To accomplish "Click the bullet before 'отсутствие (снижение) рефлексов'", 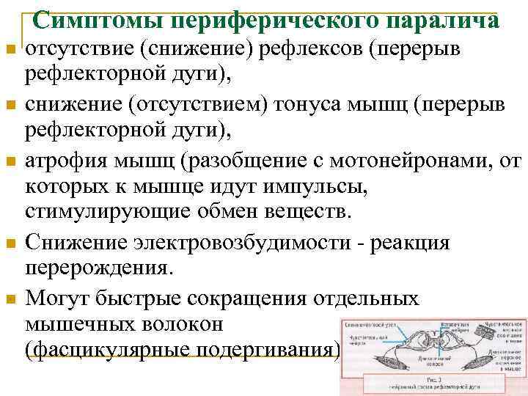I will coord(9,50).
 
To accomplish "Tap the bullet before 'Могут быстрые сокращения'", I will coord(9,298).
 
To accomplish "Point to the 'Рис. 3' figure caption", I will coord(433,381).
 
